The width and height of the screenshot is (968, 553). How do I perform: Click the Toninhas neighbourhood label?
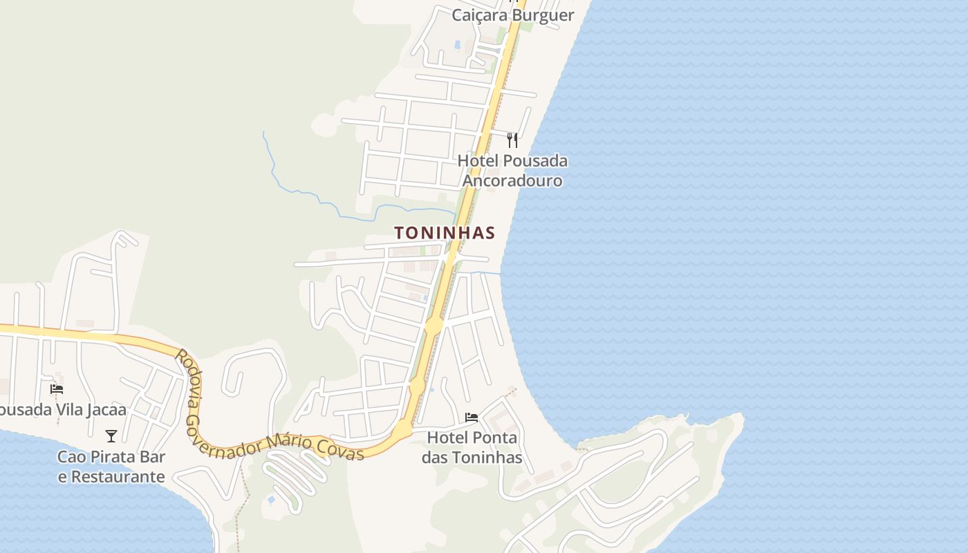click(x=445, y=233)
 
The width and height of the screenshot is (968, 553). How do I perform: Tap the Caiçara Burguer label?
click(x=513, y=15)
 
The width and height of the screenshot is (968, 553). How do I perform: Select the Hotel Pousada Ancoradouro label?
click(x=512, y=171)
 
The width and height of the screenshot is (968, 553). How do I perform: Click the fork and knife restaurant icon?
click(x=512, y=140)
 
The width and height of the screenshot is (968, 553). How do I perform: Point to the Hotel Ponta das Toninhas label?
click(x=472, y=447)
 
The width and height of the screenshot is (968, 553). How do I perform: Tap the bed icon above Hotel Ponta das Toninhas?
click(x=472, y=418)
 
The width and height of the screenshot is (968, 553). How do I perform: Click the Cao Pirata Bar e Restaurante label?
click(x=111, y=467)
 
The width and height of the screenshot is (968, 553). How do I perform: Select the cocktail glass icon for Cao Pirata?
click(x=111, y=436)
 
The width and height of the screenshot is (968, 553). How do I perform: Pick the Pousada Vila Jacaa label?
click(x=62, y=410)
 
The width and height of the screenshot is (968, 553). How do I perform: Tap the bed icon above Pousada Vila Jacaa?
click(x=57, y=389)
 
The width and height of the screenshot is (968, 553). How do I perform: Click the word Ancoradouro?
click(x=512, y=181)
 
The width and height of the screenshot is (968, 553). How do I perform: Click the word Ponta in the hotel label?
click(x=493, y=438)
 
